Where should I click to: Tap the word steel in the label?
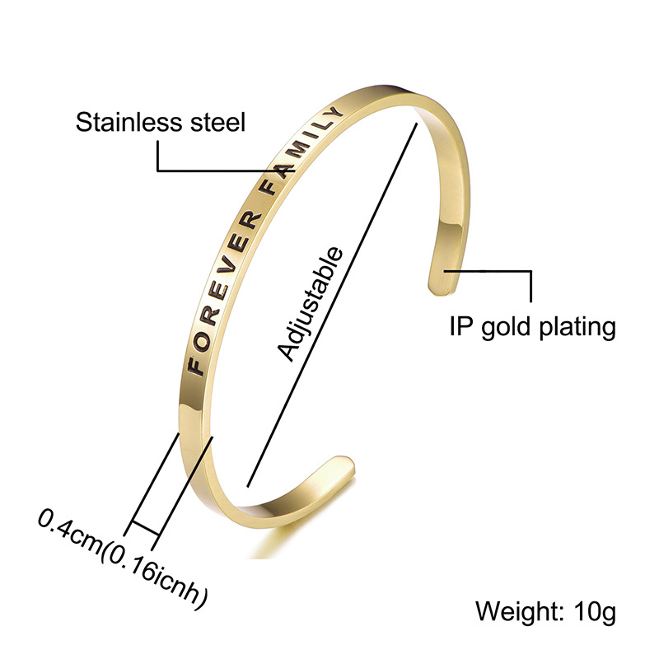(218, 122)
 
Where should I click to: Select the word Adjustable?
(311, 303)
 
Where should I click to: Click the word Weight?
(521, 611)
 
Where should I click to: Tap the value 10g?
(595, 613)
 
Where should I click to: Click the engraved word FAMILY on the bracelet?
(303, 152)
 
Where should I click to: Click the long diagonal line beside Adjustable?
(332, 305)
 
